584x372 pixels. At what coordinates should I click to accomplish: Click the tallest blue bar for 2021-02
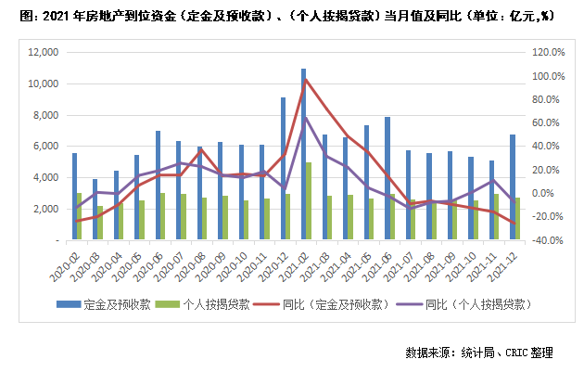(x=303, y=154)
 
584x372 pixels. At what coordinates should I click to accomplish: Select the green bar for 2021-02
(x=309, y=200)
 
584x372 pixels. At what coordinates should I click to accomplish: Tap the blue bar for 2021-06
(x=361, y=178)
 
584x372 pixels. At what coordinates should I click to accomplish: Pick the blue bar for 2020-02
(x=74, y=196)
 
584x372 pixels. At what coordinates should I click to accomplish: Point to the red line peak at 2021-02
(x=306, y=79)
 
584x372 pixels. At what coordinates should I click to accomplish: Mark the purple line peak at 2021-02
(x=306, y=118)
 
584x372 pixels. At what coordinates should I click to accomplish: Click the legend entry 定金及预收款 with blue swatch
(x=108, y=303)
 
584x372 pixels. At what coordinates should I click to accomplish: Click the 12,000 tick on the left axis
(x=44, y=53)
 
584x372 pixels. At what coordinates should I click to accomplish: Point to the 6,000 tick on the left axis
(x=47, y=147)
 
